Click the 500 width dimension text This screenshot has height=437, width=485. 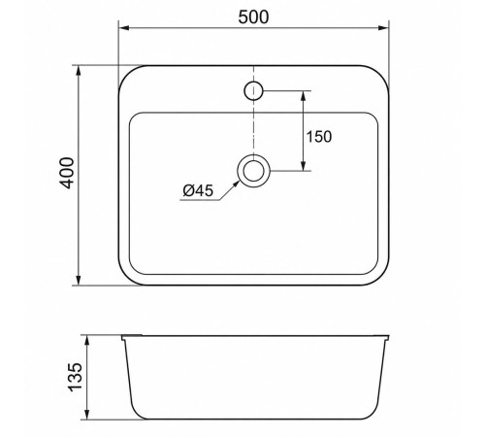point(253,17)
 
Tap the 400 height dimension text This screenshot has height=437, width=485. point(67,173)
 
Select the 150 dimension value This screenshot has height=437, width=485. point(319,136)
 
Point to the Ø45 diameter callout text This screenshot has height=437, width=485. point(198,190)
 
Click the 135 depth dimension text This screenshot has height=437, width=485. point(76,377)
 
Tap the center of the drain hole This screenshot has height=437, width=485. point(253,171)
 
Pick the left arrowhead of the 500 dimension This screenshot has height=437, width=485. point(124,28)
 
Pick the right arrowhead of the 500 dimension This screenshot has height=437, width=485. point(384,28)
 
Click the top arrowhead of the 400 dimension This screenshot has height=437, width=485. point(78,71)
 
